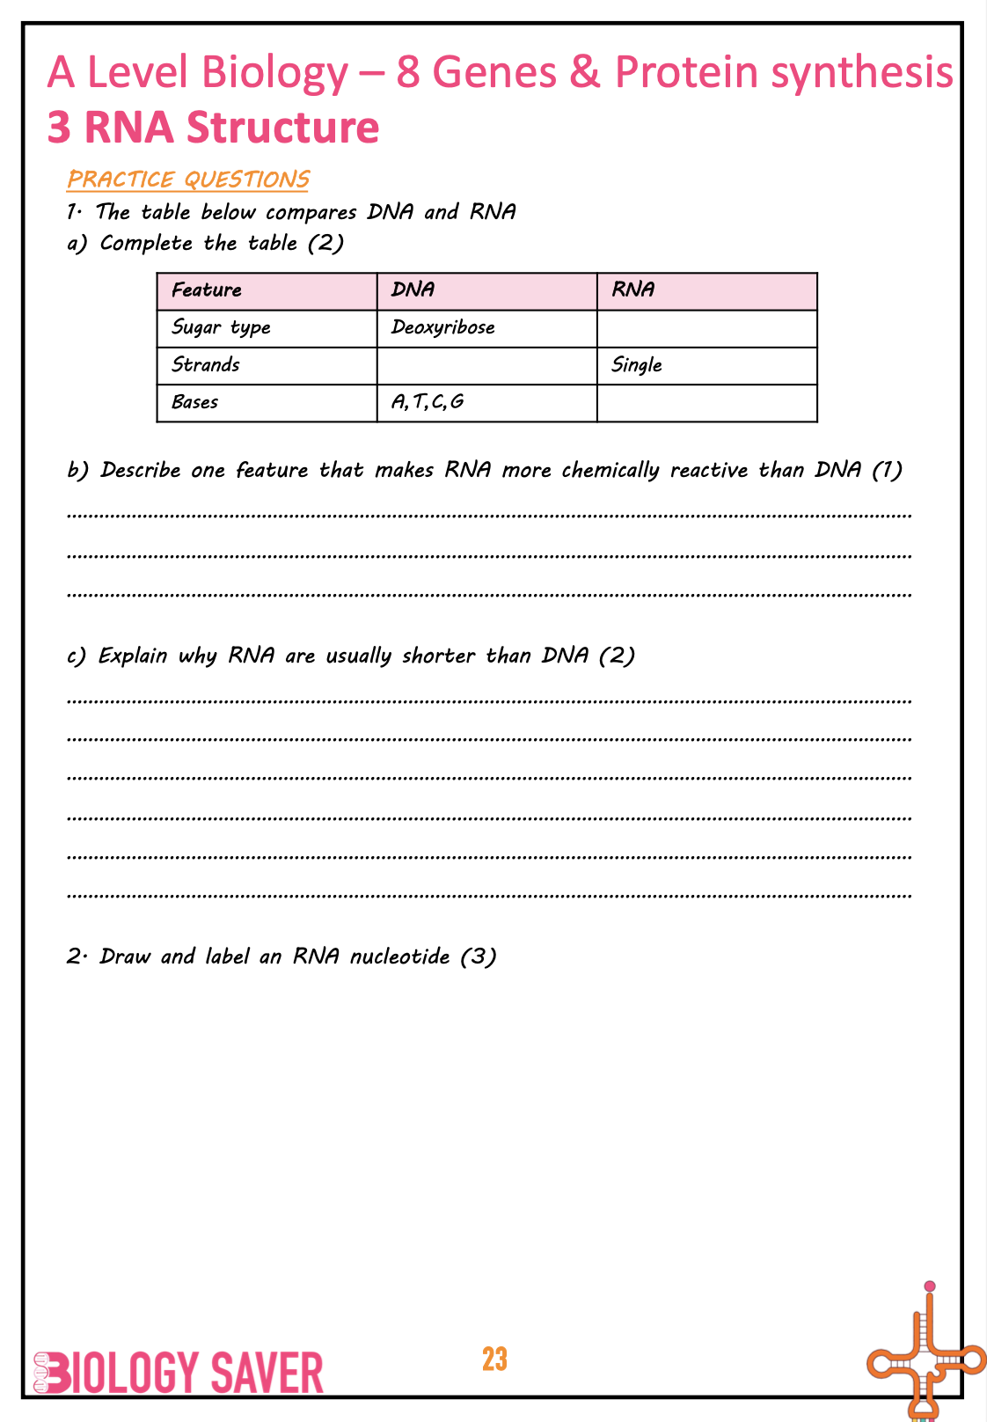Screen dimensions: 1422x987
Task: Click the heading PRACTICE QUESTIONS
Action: pos(187,180)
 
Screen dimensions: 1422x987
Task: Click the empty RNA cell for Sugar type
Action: pos(706,329)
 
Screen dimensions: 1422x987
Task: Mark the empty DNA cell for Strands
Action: pos(486,366)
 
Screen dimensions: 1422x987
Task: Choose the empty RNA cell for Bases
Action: pos(706,403)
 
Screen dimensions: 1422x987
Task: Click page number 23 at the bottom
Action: pos(494,1360)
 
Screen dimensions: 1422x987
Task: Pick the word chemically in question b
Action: pos(610,471)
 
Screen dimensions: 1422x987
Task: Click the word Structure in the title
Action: pos(282,128)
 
